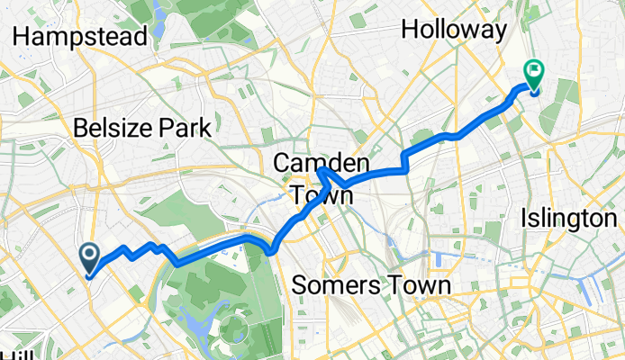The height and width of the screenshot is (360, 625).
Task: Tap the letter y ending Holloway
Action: tap(500, 31)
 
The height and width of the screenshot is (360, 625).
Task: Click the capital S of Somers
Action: tap(298, 285)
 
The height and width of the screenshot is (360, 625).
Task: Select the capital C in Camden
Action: tap(281, 163)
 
